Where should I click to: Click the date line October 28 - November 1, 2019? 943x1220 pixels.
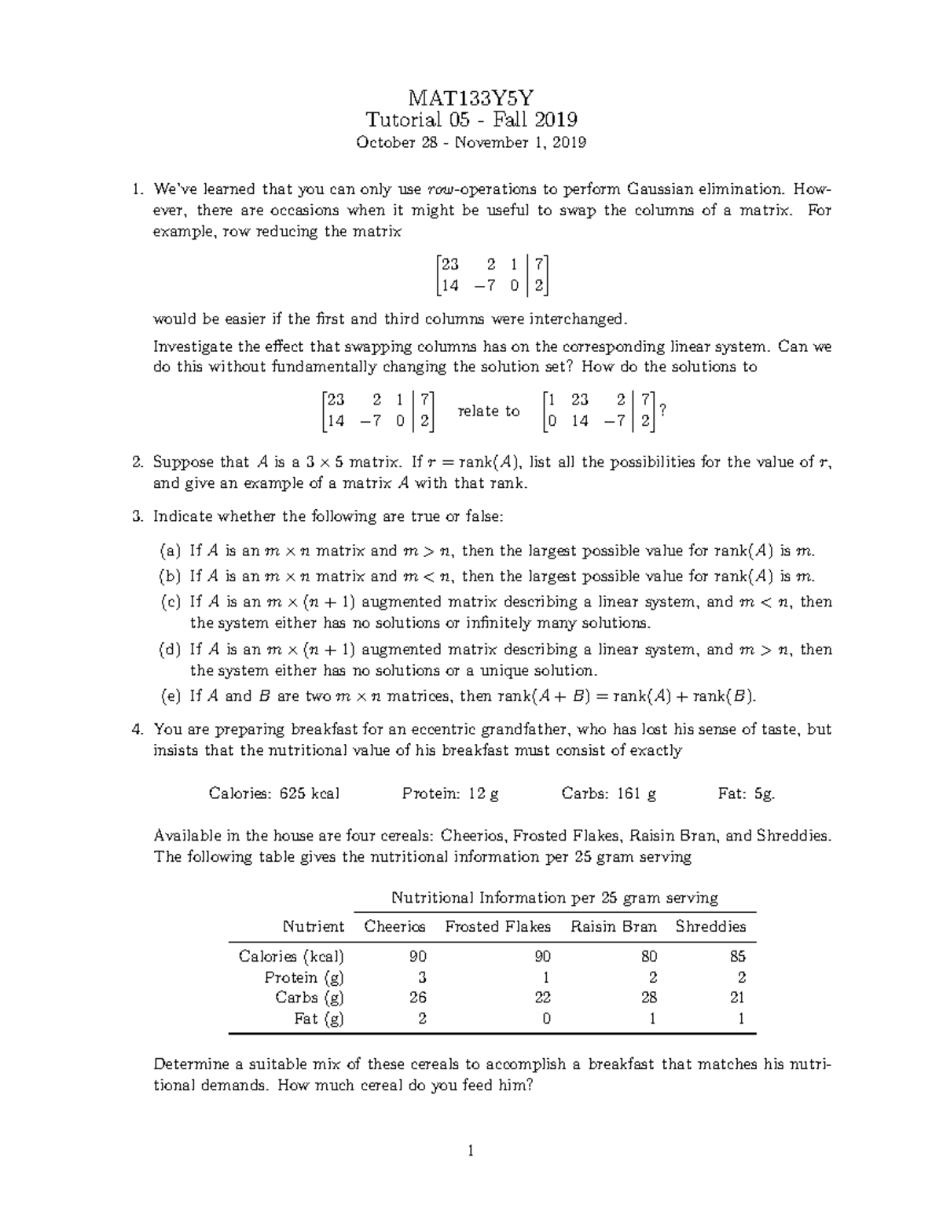coord(471,142)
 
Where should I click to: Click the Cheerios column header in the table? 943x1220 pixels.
coord(394,927)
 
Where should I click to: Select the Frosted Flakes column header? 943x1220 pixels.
coord(497,927)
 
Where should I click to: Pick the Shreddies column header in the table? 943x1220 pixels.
coord(710,927)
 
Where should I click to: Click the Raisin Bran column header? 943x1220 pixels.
coord(613,927)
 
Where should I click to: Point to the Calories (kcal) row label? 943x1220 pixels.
coord(292,956)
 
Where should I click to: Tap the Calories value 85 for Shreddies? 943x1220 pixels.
coord(737,956)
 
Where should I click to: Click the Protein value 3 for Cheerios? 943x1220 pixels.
coord(422,977)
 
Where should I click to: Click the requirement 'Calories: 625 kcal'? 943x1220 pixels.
coord(274,793)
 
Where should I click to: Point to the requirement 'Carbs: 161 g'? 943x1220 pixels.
coord(608,793)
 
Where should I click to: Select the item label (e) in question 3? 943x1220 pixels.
coord(171,696)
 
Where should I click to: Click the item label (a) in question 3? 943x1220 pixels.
coord(171,551)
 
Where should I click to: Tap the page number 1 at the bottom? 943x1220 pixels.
coord(471,1152)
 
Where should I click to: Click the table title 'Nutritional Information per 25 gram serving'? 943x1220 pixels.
coord(555,897)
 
